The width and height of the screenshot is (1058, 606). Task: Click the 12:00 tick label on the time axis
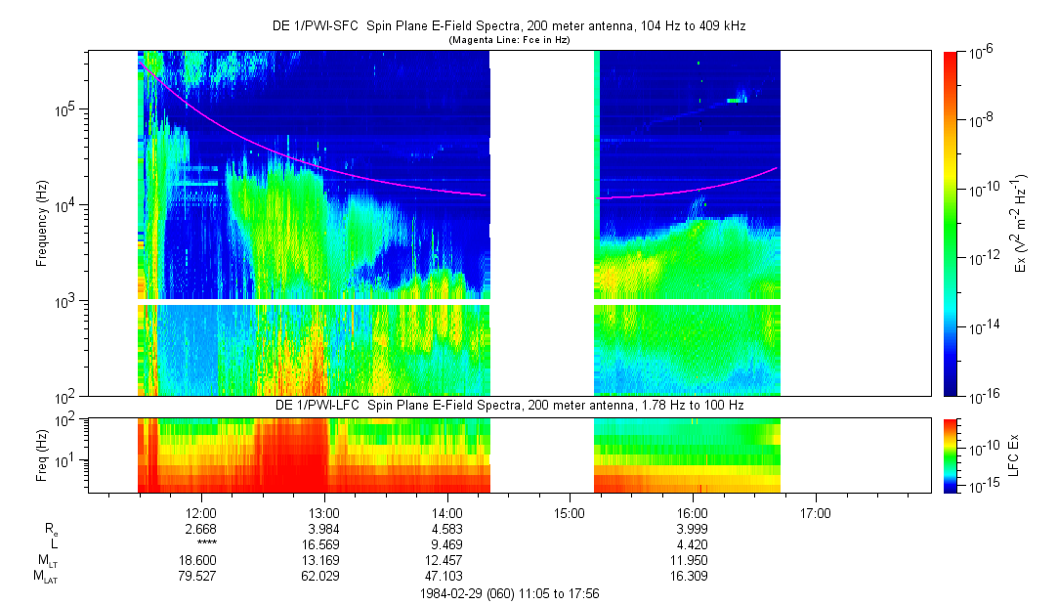tap(201, 512)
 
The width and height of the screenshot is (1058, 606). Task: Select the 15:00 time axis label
tap(570, 512)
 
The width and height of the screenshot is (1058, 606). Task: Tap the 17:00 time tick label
tap(815, 512)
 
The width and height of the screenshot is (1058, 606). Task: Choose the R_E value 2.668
tap(201, 529)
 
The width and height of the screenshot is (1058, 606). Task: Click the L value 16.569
tap(324, 544)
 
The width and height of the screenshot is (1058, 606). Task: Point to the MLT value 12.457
tap(446, 560)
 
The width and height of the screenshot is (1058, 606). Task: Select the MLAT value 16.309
tap(692, 576)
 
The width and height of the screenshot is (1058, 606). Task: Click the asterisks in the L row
tap(205, 544)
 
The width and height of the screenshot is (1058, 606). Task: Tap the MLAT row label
tap(46, 576)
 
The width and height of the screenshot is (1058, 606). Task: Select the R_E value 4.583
tap(446, 529)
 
